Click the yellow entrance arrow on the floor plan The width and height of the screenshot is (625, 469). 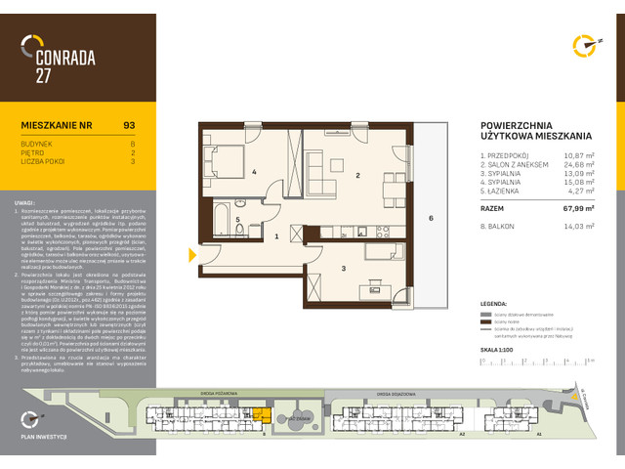[x=192, y=256]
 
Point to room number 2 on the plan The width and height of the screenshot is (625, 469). [x=358, y=176]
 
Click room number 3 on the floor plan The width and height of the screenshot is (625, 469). [x=344, y=267]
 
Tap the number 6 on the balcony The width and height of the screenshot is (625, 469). [x=431, y=219]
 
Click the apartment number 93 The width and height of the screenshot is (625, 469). [x=129, y=124]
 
